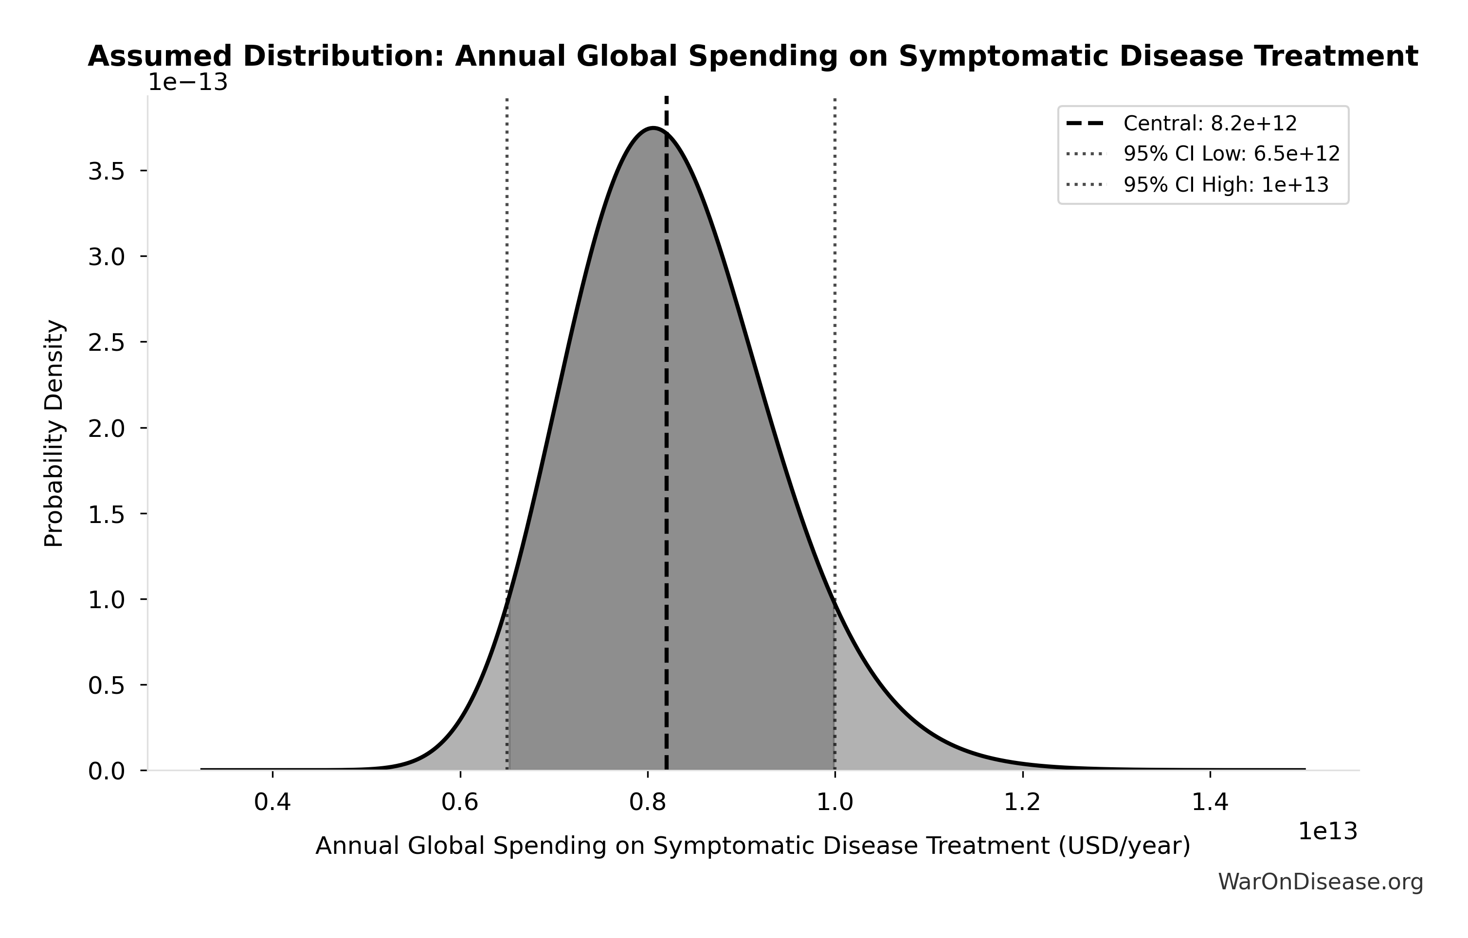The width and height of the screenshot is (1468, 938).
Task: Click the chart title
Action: (753, 57)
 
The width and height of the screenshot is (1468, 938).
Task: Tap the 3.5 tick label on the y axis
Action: (107, 171)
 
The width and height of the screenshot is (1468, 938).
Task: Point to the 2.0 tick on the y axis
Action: (107, 429)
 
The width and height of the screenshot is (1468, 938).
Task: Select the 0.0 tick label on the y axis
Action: (107, 772)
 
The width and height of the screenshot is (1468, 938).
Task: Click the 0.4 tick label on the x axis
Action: (272, 803)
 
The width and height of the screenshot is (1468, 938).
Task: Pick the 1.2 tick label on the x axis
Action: (1022, 803)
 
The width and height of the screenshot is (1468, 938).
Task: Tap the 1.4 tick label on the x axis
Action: (1210, 803)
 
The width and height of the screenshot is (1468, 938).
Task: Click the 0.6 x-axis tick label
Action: (460, 803)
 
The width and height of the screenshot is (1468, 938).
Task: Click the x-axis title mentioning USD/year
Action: (753, 846)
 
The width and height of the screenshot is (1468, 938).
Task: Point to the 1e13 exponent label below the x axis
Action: (1328, 831)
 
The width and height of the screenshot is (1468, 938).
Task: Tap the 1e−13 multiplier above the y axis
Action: (188, 82)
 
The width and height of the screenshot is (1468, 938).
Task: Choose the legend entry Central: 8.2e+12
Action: (1210, 124)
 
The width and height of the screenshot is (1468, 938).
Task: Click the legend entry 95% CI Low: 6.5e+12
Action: (1232, 154)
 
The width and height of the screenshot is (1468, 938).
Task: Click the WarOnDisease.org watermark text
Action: (1321, 882)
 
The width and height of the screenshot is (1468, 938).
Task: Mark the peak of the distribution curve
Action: (653, 128)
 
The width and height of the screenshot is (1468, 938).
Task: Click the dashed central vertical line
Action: (666, 427)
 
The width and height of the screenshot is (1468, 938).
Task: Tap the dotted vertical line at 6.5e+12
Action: (507, 366)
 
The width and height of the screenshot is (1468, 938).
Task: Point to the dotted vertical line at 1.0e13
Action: (834, 366)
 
